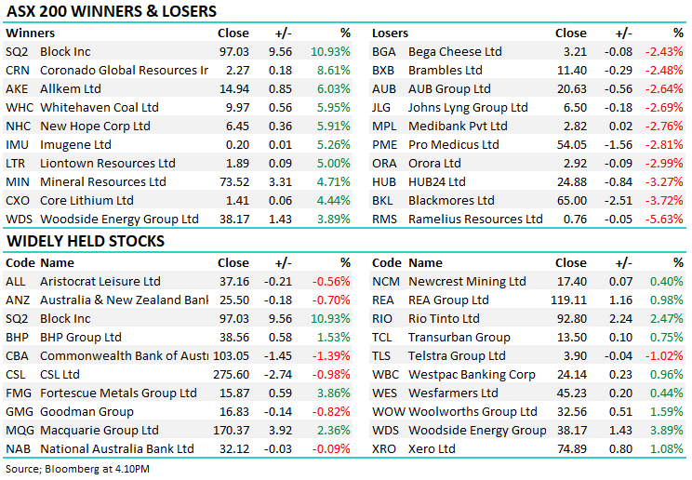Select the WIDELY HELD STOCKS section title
(85, 241)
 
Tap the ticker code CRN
(16, 70)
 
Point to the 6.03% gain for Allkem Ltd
(333, 88)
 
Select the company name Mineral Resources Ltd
(103, 181)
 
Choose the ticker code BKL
(383, 200)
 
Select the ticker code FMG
(18, 393)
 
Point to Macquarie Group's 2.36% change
(333, 430)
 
